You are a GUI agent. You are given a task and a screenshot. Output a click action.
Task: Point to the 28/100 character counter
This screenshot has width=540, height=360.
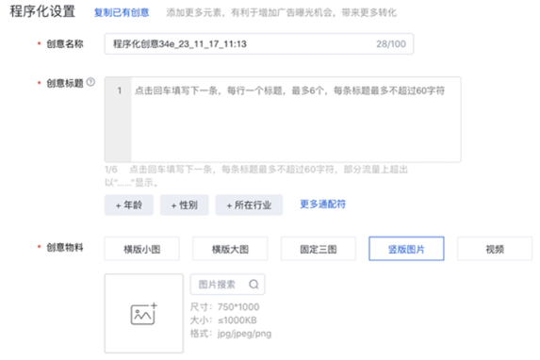click(x=390, y=43)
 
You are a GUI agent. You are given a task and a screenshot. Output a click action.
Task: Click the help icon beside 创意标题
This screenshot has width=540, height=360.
click(x=91, y=82)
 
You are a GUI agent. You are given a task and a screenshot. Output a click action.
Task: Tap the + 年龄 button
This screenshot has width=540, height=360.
click(x=128, y=205)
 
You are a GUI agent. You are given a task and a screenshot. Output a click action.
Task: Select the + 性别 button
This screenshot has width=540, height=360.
click(x=183, y=205)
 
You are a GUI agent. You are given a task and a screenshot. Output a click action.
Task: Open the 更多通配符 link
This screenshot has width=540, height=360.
click(x=323, y=204)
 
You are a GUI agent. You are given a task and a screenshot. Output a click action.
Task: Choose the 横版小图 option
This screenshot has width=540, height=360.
click(x=142, y=249)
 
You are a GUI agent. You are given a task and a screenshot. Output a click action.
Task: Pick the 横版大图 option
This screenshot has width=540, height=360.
click(x=231, y=249)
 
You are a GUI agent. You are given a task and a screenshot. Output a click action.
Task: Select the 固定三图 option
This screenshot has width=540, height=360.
click(x=319, y=249)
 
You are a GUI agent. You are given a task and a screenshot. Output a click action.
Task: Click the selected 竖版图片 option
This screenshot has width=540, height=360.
click(x=406, y=249)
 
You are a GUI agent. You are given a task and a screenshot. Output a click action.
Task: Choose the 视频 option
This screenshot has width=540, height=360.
click(x=494, y=249)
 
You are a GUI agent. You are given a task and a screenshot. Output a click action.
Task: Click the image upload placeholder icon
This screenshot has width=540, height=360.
click(x=144, y=314)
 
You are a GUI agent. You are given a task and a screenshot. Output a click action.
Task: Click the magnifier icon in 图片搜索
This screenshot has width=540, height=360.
click(x=254, y=285)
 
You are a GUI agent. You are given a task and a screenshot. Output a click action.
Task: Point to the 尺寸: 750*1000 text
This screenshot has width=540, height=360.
click(x=224, y=306)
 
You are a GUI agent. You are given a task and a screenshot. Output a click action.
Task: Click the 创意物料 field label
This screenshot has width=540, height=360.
click(x=65, y=249)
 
